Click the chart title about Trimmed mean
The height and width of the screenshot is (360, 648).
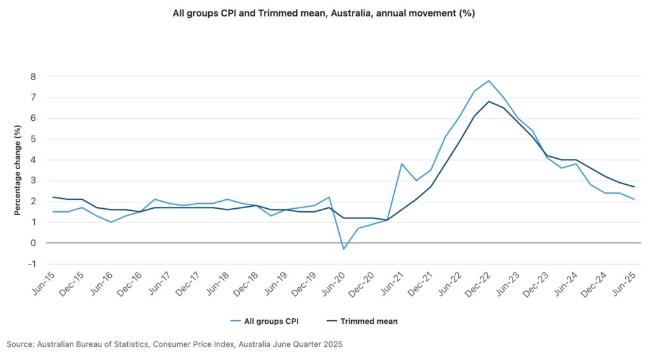[323, 13]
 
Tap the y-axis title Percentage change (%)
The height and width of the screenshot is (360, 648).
[18, 170]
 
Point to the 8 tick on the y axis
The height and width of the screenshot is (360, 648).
[33, 77]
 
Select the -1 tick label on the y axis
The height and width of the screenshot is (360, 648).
[32, 264]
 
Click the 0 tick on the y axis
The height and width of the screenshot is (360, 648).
[33, 243]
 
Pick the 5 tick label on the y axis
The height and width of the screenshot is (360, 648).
[33, 139]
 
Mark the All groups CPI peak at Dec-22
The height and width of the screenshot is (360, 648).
[489, 81]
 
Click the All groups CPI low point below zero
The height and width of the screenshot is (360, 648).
[344, 249]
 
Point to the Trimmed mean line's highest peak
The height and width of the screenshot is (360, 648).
[489, 101]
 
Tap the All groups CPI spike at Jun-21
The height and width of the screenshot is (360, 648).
[401, 164]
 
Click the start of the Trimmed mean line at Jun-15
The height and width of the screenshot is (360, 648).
[54, 197]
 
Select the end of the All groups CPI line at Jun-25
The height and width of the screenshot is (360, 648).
[634, 199]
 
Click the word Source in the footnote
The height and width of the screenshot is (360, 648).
[20, 344]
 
